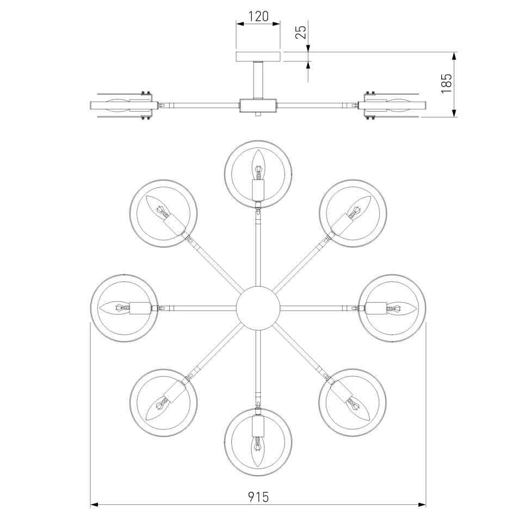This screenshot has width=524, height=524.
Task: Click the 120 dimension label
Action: (x=258, y=16)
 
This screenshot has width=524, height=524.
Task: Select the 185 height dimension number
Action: (x=446, y=84)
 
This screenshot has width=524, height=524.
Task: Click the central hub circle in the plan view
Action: (x=258, y=308)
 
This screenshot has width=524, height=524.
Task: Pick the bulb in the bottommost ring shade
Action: (x=258, y=451)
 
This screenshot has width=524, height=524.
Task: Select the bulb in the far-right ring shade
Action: (x=401, y=308)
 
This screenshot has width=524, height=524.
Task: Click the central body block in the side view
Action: (x=258, y=105)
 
